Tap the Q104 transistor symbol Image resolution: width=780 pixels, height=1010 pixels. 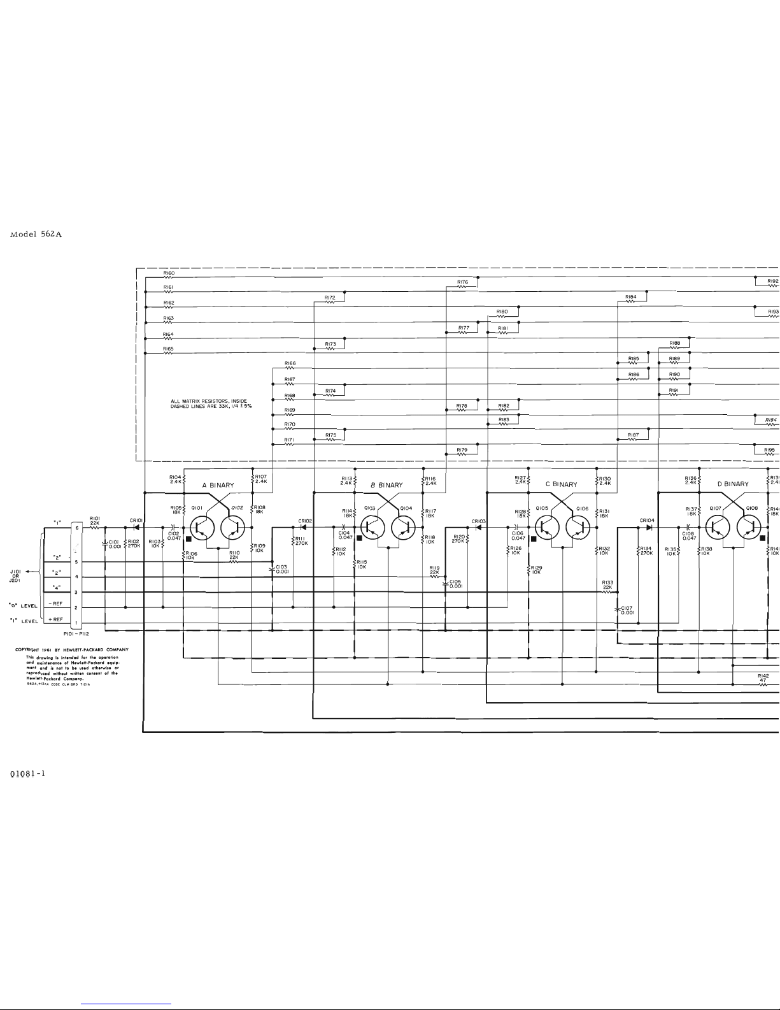402,527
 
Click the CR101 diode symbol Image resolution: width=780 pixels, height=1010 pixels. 136,528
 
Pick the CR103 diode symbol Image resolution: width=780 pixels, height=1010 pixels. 478,528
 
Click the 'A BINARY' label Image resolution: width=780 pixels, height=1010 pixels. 218,485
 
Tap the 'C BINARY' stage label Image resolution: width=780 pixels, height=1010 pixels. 561,484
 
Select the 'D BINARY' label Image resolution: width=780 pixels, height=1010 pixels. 733,484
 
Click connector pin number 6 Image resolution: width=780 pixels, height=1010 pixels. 76,528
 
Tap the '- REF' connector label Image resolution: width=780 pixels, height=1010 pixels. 55,603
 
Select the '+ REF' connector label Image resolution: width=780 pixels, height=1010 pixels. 55,619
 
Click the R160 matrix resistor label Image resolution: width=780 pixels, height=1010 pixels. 169,273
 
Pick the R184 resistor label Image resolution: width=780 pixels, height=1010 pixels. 631,296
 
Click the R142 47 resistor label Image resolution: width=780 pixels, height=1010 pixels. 763,678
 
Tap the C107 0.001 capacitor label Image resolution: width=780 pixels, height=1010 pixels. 627,610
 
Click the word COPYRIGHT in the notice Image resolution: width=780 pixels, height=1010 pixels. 31,649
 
